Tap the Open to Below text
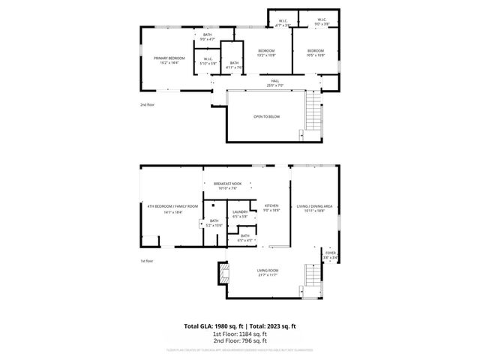(266, 118)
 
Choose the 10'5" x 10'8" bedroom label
(315, 52)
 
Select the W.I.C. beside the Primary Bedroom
(208, 62)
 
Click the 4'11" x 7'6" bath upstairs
(235, 65)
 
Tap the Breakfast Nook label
(227, 186)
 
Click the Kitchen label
(271, 208)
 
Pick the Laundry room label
(240, 214)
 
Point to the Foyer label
(331, 255)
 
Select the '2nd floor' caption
(147, 106)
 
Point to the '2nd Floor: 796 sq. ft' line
(240, 340)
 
